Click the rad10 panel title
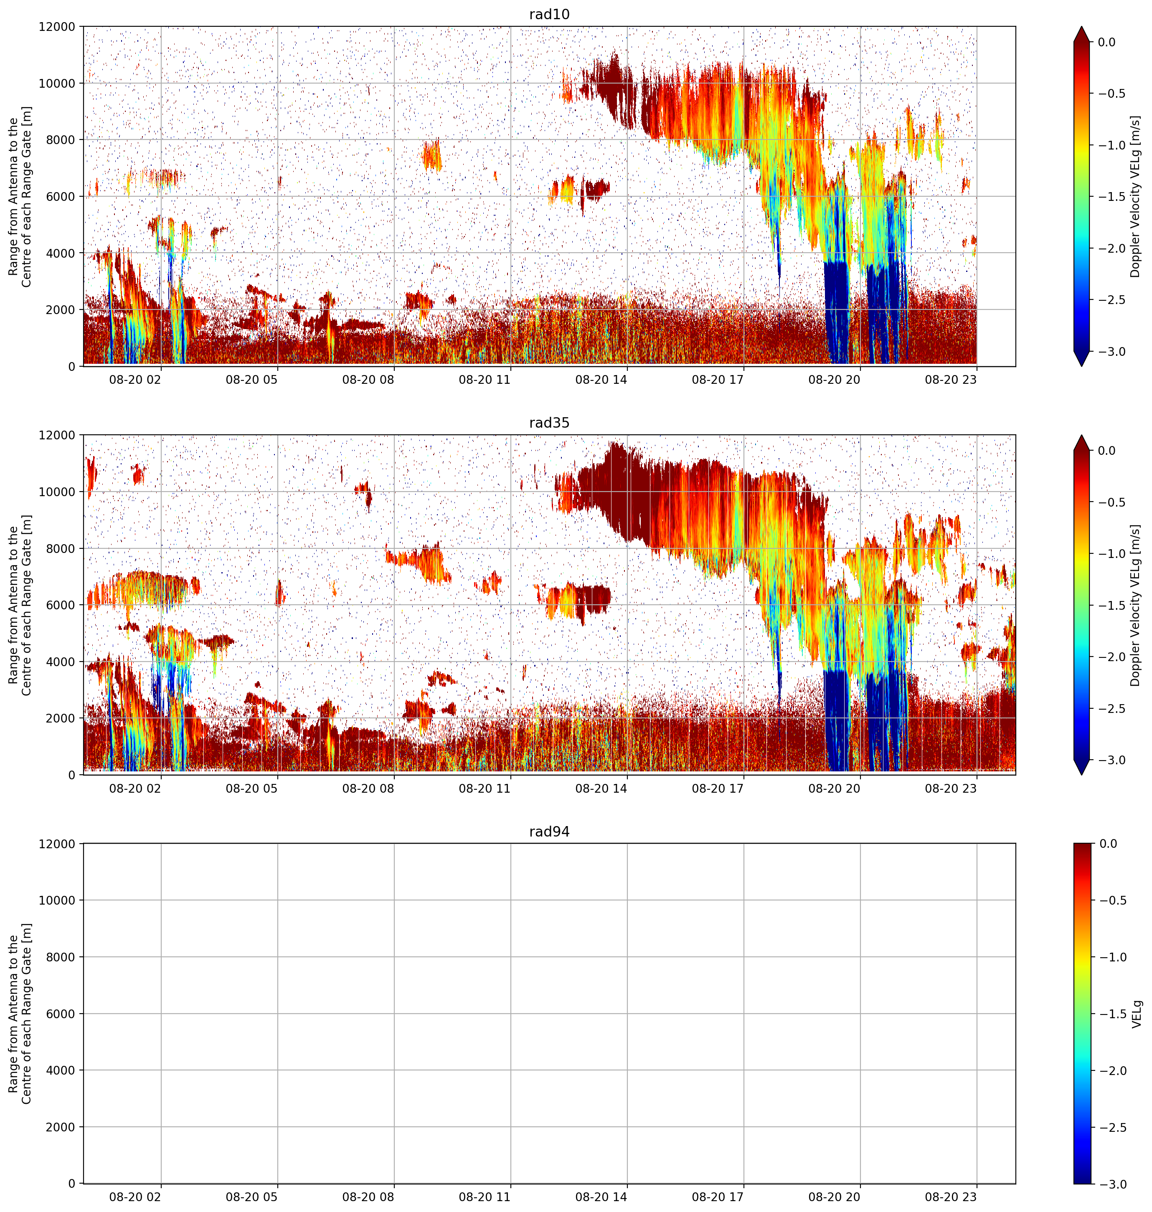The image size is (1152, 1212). tap(549, 14)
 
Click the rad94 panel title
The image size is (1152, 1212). tap(549, 832)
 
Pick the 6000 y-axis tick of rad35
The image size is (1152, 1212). tap(62, 605)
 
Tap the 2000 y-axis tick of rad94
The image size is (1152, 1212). tap(62, 1127)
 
